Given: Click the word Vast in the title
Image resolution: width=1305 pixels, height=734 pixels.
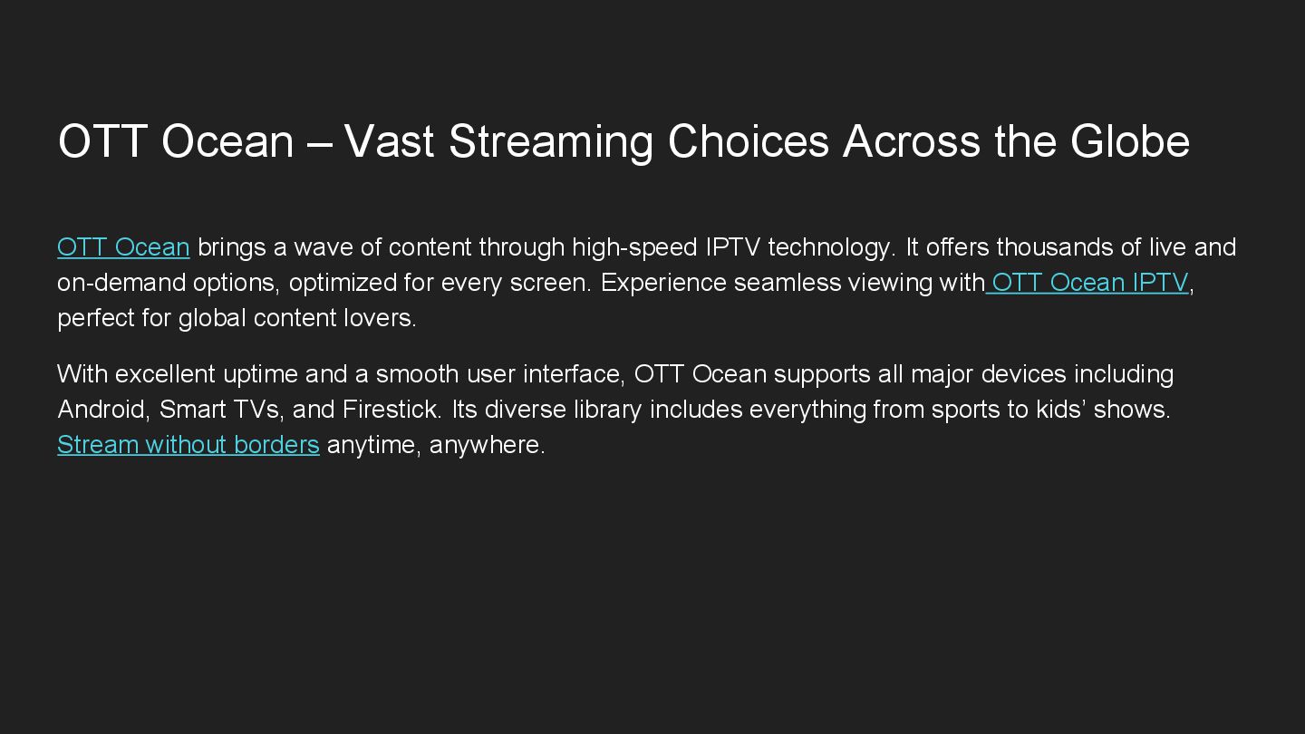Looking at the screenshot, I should pos(390,141).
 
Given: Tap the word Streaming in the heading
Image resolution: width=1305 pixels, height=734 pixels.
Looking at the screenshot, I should pos(551,141).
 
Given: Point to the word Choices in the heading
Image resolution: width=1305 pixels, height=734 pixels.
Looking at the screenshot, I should pos(749,141).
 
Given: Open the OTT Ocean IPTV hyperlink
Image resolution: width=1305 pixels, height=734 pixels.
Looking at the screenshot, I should pos(1089,283).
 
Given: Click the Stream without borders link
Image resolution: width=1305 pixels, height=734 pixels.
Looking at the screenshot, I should pos(188,445).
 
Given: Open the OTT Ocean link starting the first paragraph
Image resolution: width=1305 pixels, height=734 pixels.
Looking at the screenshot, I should pos(123,247).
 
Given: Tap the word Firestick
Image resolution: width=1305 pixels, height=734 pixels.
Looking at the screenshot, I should pos(391,410).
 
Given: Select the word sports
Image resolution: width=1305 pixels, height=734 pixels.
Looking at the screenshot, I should pos(936,410).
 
